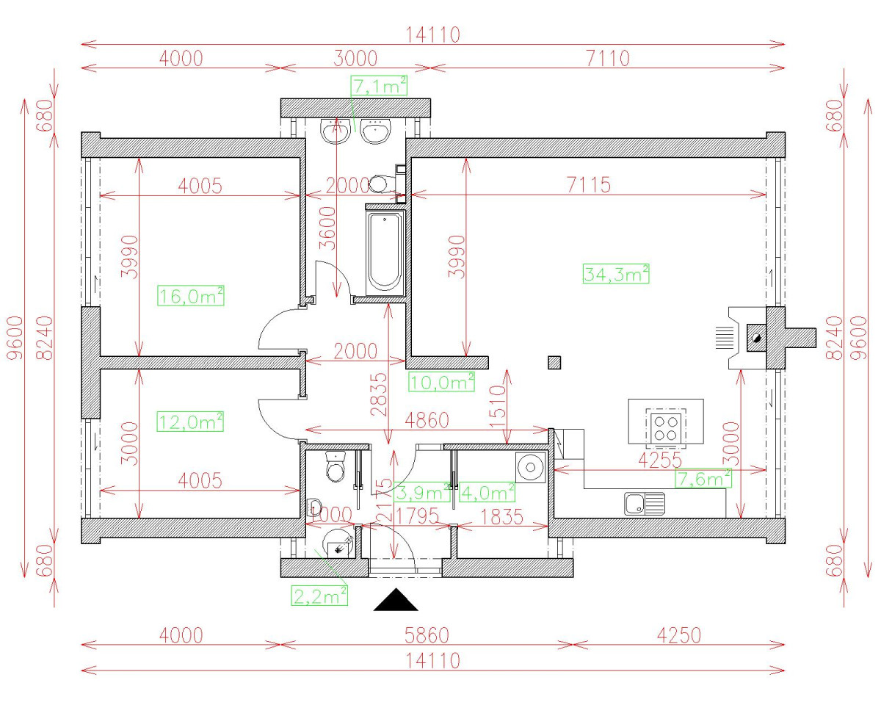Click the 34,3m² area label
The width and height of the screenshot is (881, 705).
tap(616, 274)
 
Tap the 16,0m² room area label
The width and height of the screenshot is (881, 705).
tap(191, 296)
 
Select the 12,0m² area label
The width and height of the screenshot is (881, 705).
tap(191, 422)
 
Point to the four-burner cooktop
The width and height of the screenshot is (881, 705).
tap(666, 425)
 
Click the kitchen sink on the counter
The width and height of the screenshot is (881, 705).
tap(644, 503)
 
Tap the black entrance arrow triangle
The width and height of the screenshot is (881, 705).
tap(396, 600)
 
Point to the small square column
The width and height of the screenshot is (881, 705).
tap(554, 361)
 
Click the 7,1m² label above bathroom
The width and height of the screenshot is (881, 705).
tap(380, 87)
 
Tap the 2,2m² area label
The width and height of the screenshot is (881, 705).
tap(320, 595)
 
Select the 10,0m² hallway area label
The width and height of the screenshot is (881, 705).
tap(441, 381)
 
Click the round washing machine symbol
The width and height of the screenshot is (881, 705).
tap(530, 466)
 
